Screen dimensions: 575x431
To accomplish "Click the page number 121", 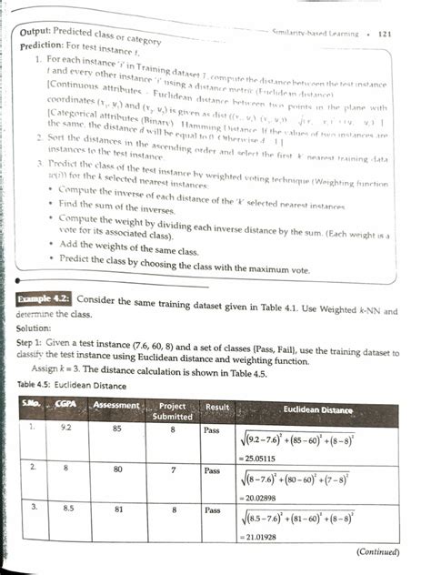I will tap(382, 34).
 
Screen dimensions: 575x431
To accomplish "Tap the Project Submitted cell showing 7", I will tap(172, 473).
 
